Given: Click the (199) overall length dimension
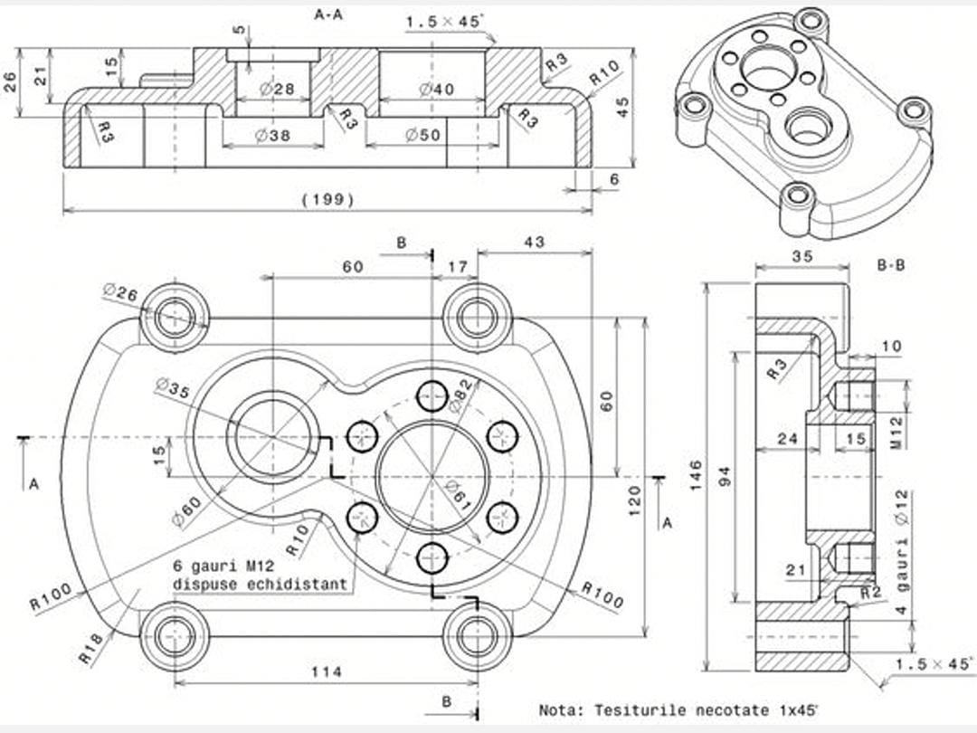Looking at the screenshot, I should (327, 200).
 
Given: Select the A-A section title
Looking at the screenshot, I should (330, 14).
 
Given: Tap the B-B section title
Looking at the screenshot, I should (891, 265).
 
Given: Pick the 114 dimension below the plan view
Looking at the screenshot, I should (326, 671).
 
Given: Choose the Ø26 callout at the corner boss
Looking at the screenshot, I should (120, 293).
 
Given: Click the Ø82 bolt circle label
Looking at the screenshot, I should (460, 394).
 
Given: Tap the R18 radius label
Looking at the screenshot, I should (92, 650).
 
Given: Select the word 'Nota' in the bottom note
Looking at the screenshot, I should (558, 710).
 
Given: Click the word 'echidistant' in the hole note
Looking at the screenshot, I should (304, 585).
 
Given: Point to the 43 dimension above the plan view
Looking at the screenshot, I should (534, 243).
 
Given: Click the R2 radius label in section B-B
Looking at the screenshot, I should (871, 592).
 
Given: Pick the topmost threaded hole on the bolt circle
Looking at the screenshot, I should (432, 395).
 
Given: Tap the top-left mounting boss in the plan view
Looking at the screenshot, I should (175, 318).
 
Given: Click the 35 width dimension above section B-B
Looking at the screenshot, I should (802, 256).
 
